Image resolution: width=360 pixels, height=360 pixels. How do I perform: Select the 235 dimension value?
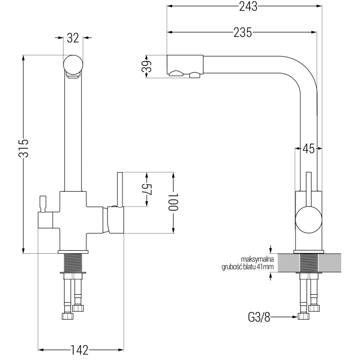click(243, 32)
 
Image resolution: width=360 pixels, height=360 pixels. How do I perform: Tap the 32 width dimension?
click(73, 38)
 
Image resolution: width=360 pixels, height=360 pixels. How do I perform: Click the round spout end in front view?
click(73, 64)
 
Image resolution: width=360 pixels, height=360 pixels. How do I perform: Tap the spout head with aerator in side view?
click(185, 66)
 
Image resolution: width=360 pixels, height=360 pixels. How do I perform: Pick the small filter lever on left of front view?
click(44, 203)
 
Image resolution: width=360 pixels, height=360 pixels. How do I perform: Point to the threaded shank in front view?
click(73, 262)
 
